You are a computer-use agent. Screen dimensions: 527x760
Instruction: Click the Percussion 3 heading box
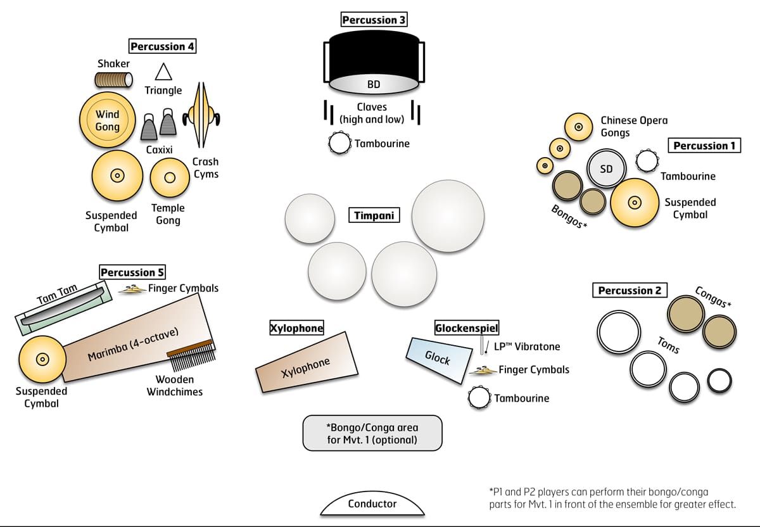(374, 20)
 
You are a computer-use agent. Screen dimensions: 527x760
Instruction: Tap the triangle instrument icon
(163, 72)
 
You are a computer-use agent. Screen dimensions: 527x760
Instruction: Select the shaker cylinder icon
(113, 80)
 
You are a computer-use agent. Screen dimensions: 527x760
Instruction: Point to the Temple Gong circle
(169, 177)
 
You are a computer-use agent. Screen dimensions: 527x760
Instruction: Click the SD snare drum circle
(606, 169)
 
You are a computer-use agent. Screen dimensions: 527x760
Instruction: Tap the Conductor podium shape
(372, 504)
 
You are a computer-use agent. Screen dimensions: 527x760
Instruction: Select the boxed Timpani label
(373, 216)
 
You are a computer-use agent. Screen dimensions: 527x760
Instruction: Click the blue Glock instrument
(439, 357)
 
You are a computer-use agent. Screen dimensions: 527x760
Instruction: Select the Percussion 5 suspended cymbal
(42, 359)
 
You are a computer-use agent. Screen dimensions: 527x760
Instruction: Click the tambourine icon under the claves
(339, 144)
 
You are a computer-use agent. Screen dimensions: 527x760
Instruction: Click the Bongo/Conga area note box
(372, 433)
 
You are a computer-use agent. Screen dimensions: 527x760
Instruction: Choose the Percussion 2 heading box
(630, 291)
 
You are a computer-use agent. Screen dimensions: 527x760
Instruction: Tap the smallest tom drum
(719, 381)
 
